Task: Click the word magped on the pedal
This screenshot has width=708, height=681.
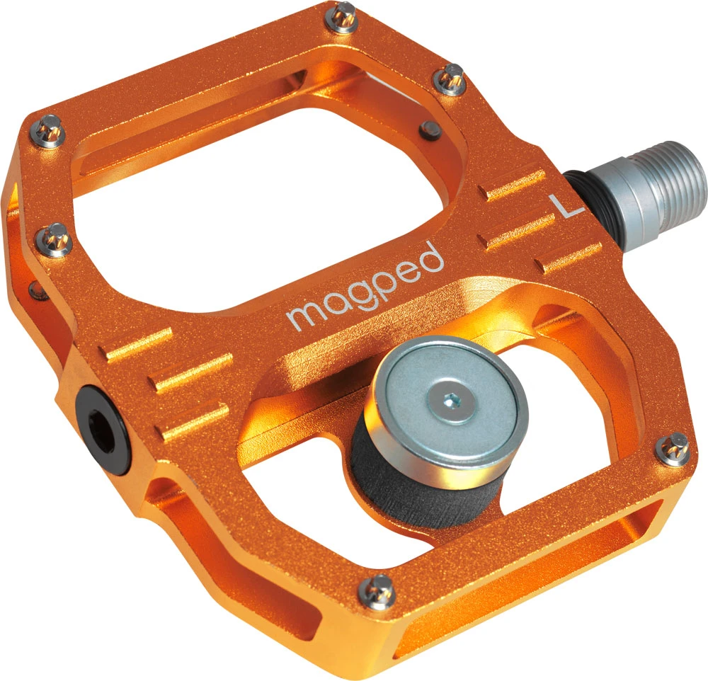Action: point(365,287)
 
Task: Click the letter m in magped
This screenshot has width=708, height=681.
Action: point(301,314)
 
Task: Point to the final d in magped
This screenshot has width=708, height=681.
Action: point(433,256)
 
